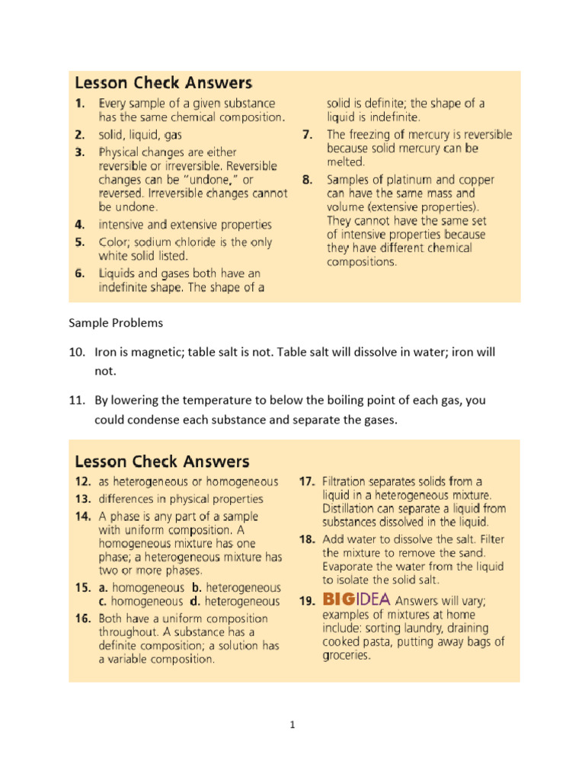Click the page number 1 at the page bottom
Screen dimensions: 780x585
pyautogui.click(x=292, y=725)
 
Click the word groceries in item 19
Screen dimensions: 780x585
pyautogui.click(x=346, y=656)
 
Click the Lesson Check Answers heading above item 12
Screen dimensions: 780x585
pyautogui.click(x=161, y=461)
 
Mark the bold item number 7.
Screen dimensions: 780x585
pyautogui.click(x=308, y=134)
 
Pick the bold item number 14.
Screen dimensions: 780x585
pyautogui.click(x=82, y=516)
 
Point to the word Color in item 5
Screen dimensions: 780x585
pyautogui.click(x=114, y=242)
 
